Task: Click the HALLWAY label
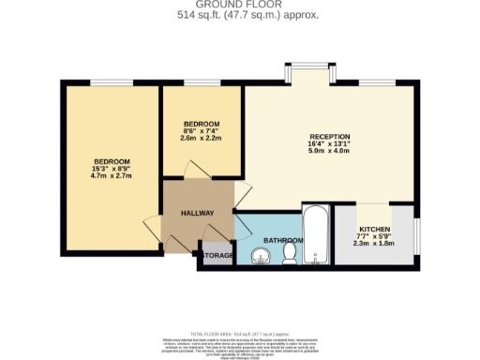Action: (198, 213)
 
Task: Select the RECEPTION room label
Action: (329, 137)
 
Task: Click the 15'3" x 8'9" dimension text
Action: (111, 168)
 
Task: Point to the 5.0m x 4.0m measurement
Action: (329, 153)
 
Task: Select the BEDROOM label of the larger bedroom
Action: (111, 160)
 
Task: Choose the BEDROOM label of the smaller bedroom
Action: (202, 125)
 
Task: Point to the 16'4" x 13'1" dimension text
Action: (329, 145)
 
